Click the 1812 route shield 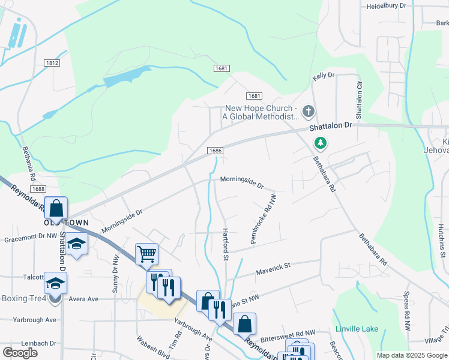tap(52, 62)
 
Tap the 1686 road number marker tap(215, 151)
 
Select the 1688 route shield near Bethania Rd tap(38, 189)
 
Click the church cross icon tap(308, 111)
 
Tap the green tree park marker tap(321, 143)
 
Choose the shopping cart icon tap(146, 254)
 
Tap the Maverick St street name tap(274, 265)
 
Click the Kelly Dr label tap(323, 76)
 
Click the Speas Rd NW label tap(406, 312)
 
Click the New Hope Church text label tap(261, 112)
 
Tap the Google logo tap(20, 353)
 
